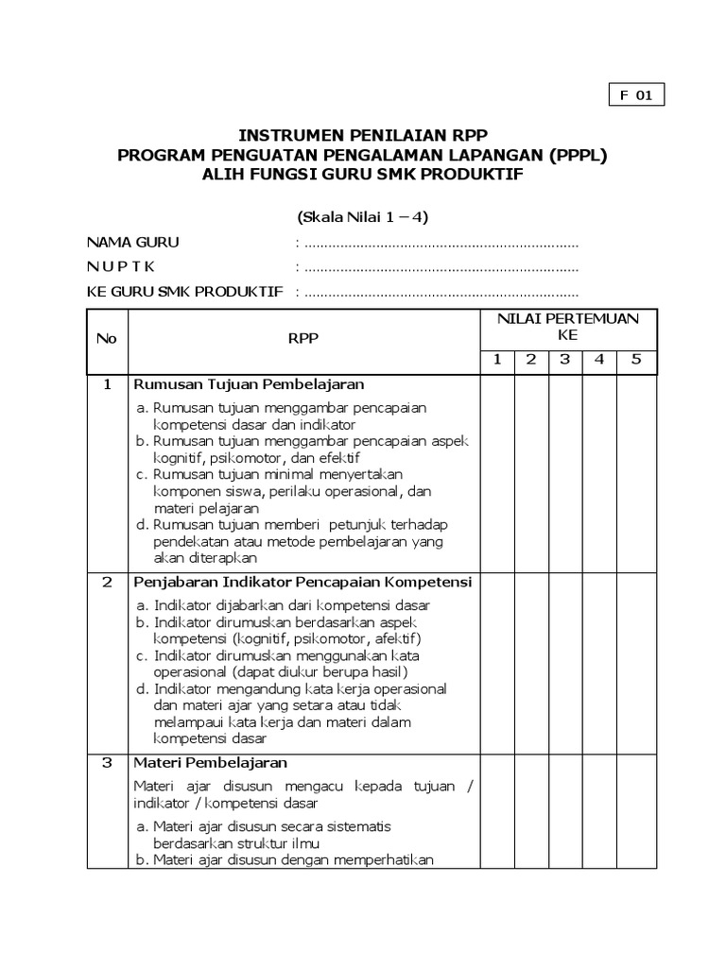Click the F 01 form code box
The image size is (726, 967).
635,95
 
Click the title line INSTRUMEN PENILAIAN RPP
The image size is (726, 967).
363,134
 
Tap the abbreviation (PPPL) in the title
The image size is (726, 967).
571,155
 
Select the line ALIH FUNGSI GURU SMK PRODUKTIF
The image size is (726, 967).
363,176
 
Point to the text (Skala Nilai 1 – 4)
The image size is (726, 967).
363,217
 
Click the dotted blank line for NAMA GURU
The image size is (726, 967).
437,243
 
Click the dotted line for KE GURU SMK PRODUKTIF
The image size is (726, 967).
437,292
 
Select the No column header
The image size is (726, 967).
107,339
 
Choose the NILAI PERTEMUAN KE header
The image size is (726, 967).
567,327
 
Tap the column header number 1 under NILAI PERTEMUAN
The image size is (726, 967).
496,360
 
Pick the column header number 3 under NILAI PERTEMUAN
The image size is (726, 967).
564,360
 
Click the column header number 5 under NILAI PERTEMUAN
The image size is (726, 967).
635,360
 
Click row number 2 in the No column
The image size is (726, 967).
107,582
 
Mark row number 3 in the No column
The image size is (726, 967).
107,762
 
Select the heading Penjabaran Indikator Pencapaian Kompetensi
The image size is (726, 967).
302,582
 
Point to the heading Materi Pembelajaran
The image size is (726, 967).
210,762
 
